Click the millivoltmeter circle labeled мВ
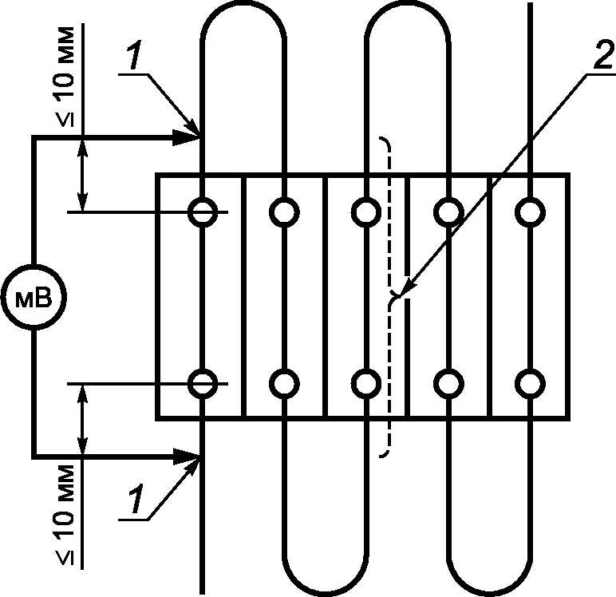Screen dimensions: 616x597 point(34,297)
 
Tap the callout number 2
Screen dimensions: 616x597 point(602,54)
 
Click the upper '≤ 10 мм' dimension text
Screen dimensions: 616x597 point(65,77)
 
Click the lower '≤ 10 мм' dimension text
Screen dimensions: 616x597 point(65,515)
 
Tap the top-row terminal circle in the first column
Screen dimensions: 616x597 point(203,212)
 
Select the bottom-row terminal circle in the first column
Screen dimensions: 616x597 point(203,384)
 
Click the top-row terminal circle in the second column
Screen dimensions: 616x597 point(284,212)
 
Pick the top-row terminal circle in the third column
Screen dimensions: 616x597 point(366,212)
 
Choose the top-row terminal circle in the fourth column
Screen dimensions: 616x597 point(448,212)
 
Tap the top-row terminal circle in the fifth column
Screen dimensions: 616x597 point(531,212)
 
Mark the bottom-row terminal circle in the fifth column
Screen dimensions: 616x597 point(531,384)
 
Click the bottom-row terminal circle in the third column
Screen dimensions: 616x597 point(366,384)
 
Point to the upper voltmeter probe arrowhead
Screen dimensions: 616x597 point(187,137)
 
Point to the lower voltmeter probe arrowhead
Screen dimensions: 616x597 point(187,456)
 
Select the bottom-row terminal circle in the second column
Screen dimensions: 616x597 point(284,384)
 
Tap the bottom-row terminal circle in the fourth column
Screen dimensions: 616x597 point(448,384)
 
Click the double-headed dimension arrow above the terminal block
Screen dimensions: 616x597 point(82,175)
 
